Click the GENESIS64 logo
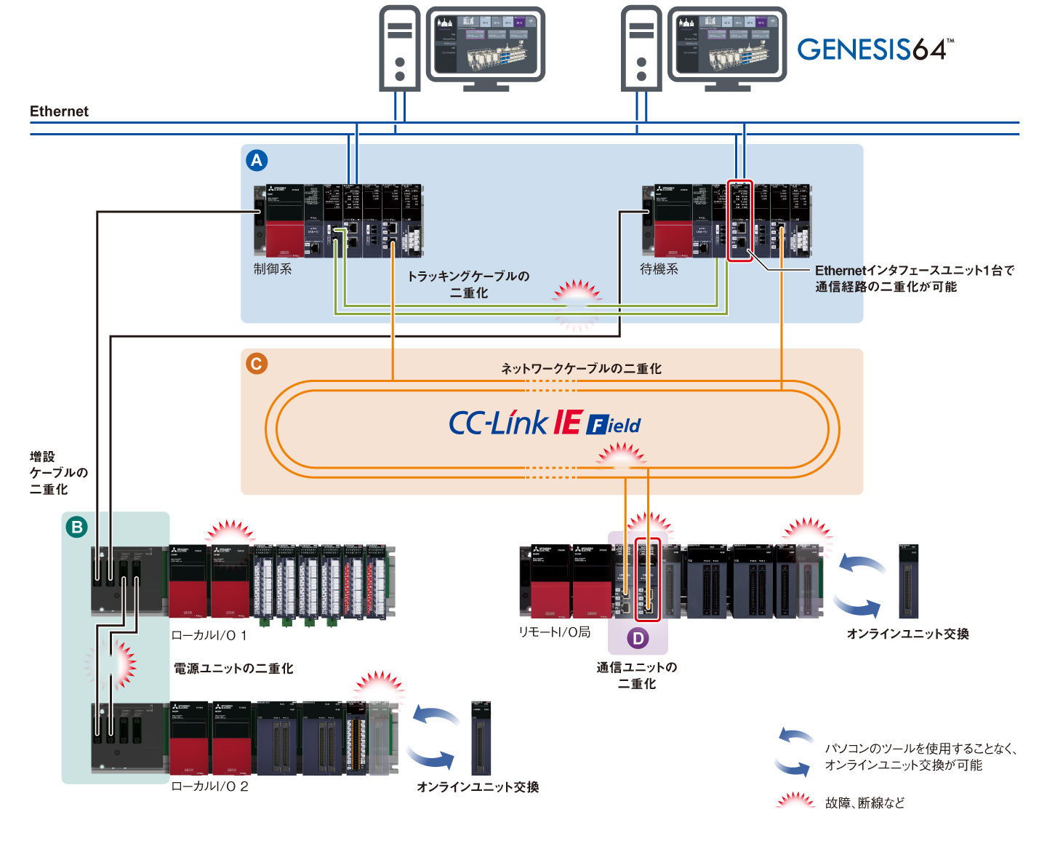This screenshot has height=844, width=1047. point(875,49)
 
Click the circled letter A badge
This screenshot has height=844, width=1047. point(257,161)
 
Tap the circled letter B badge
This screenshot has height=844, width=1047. point(76,527)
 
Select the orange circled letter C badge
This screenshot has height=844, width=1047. point(257,364)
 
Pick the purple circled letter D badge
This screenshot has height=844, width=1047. point(638,638)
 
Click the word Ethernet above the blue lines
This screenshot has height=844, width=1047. point(59,111)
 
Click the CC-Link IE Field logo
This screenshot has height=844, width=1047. point(545,423)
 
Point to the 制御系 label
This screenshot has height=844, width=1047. point(273,269)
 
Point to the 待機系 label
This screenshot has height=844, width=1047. point(659,269)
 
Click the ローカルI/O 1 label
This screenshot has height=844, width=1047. point(209,635)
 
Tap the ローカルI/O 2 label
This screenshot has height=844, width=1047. point(209,787)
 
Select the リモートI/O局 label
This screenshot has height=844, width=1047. point(554,632)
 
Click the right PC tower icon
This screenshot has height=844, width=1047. point(641,48)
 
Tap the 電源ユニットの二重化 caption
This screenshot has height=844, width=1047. point(233,668)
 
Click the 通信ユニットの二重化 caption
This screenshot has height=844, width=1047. point(637,675)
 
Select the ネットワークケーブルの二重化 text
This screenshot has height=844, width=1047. point(581,369)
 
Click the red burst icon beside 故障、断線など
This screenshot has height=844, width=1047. point(795,801)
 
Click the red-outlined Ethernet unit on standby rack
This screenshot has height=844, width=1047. point(740,220)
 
